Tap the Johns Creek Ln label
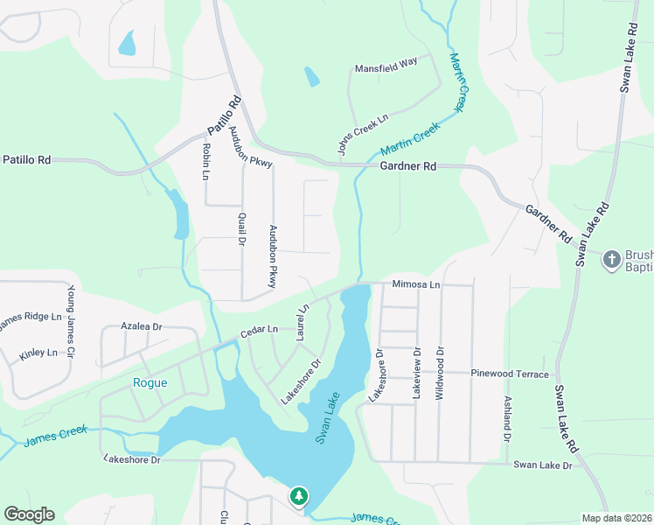coord(363,133)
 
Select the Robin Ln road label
coord(205,162)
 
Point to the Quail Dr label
coord(240,228)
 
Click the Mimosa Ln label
coord(416,285)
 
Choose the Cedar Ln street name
coord(260,330)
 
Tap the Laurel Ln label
coord(303,322)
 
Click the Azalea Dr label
coord(142,326)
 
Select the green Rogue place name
coord(150,382)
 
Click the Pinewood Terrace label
coord(510,374)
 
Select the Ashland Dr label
coord(506,418)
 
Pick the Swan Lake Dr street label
coord(542,465)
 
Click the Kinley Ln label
coord(38,353)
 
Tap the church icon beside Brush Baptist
coord(611,259)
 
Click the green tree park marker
coord(299,497)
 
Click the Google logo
coord(29,514)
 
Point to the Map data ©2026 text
coord(616,518)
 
